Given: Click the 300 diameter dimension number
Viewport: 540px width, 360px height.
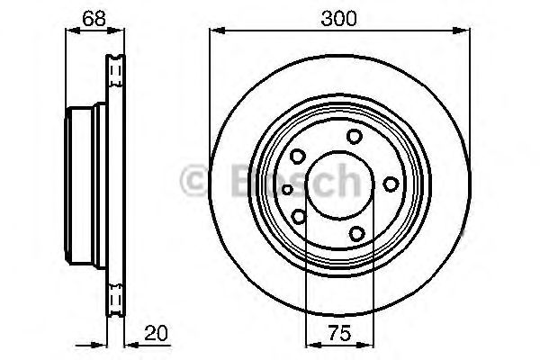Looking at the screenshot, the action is tap(339, 18).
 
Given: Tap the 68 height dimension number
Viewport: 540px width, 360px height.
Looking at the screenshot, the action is tap(94, 18).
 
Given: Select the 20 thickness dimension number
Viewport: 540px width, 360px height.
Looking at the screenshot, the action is tap(156, 333).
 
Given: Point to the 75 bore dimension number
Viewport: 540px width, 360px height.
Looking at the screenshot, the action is tap(339, 333).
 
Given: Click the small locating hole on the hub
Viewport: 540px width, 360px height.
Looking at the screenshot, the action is tap(287, 189).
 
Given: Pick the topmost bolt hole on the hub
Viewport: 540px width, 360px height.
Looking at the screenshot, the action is tap(355, 137).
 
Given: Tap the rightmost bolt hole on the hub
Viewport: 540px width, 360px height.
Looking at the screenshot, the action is tap(391, 184).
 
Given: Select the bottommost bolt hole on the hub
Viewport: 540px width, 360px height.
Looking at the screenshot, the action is tap(356, 234).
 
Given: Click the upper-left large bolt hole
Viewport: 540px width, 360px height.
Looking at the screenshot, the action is tap(298, 157).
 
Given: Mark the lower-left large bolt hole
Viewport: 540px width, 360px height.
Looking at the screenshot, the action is tap(299, 217).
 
